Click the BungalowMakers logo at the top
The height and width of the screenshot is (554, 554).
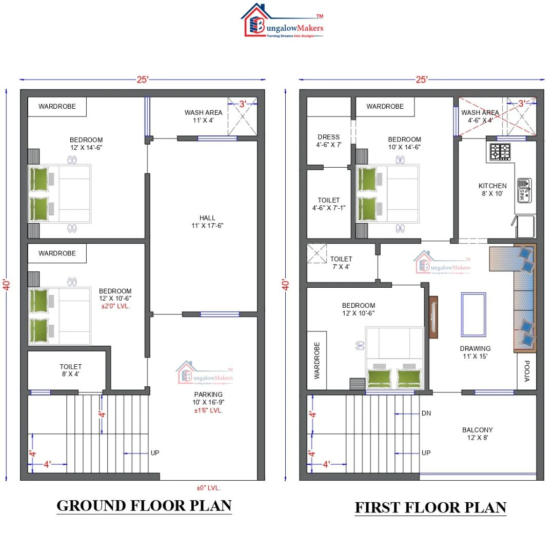pos(282,22)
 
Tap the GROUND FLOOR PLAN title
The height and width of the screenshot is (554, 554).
pos(144,505)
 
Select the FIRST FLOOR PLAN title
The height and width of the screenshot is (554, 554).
pos(430,507)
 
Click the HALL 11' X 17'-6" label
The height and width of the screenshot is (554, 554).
pos(207,222)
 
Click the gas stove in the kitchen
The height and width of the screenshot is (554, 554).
pos(500,151)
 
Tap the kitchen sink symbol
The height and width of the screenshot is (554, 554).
pos(523,189)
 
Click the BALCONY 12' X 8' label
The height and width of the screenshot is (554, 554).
pos(477,434)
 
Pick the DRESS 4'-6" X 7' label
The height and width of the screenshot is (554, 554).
pos(328,141)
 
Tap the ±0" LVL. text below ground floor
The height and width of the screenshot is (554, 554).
pos(208,488)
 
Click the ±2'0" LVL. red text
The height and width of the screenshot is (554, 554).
pos(115,306)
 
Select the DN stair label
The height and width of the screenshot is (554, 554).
pos(426,413)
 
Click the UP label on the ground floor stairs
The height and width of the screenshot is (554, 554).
pos(155,453)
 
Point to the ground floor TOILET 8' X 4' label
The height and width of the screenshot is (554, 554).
pos(70,370)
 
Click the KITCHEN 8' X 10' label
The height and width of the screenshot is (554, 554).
pos(492,190)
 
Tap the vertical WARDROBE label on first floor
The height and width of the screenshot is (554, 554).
pos(316,360)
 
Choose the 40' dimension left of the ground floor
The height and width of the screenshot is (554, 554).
pos(7,285)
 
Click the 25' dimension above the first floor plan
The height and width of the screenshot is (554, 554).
pos(421,80)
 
